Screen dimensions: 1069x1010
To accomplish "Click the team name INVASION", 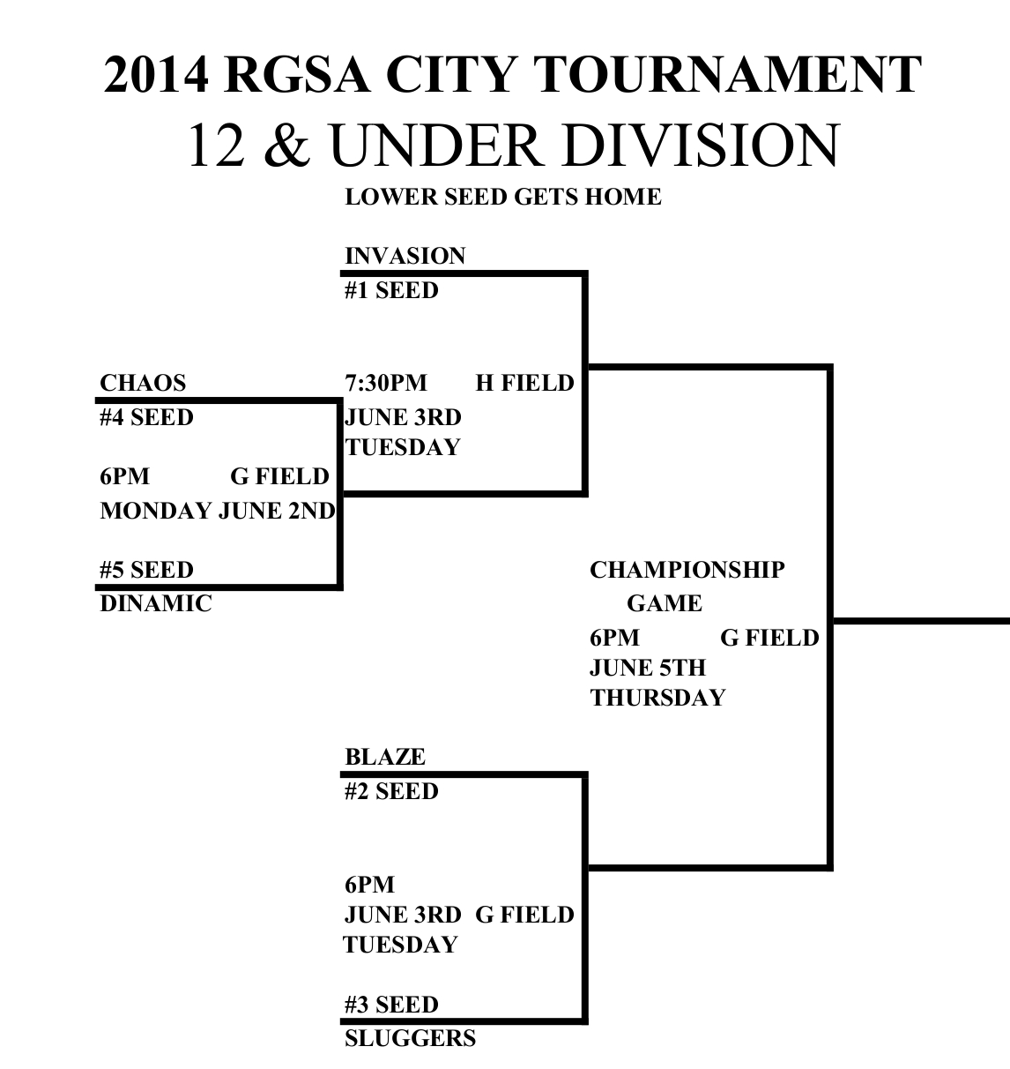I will [405, 257].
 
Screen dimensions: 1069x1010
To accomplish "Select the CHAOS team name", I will [143, 384].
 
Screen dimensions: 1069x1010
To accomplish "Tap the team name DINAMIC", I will [156, 604].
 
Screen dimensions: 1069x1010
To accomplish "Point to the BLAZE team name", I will [385, 758].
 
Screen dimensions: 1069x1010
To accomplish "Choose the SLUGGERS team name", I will [410, 1039].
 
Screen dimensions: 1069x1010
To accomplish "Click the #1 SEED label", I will [391, 291].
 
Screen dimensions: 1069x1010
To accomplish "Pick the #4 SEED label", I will [146, 417].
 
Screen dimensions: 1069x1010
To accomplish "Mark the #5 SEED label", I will [146, 571].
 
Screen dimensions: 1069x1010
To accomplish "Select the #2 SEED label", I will [391, 792].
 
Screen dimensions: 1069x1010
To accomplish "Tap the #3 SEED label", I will [391, 1005].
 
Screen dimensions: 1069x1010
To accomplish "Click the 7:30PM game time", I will [385, 384].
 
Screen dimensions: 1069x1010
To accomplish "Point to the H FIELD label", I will [524, 384].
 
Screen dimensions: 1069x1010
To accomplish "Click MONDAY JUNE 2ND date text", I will [218, 512].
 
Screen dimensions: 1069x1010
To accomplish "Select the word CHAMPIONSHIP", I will [687, 571].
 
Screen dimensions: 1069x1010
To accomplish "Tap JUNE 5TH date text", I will [648, 669].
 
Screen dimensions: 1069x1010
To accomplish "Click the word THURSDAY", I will [657, 699].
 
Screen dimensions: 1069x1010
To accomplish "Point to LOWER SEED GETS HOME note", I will [502, 197].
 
